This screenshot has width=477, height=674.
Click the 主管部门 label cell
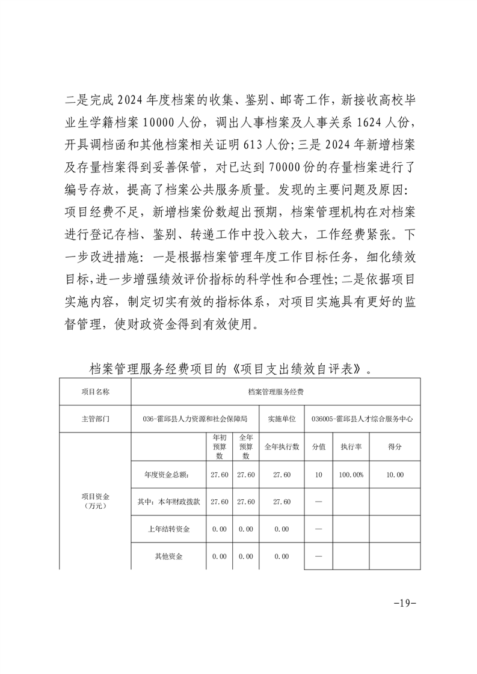95,419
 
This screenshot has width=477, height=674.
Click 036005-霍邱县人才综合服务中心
362,419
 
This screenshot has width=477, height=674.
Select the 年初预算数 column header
220,448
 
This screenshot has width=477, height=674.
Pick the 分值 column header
319,448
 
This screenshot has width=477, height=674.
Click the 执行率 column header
351,448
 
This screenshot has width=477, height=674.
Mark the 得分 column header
395,448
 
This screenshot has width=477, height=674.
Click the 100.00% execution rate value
351,475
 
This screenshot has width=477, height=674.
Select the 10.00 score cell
395,475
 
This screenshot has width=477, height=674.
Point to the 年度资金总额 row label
168,475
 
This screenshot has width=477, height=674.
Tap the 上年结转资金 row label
168,529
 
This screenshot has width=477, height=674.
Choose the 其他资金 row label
168,556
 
